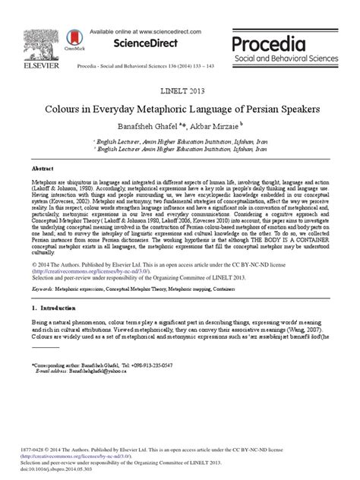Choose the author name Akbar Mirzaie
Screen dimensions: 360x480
coord(219,125)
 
